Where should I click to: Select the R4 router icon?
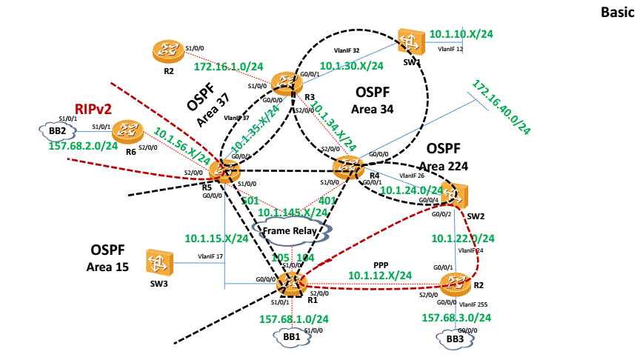347,167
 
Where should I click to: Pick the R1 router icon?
291,281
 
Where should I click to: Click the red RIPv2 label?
92,110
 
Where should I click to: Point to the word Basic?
617,12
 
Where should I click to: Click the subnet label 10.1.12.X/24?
380,275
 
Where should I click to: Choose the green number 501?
250,200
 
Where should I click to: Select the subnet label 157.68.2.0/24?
83,146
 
